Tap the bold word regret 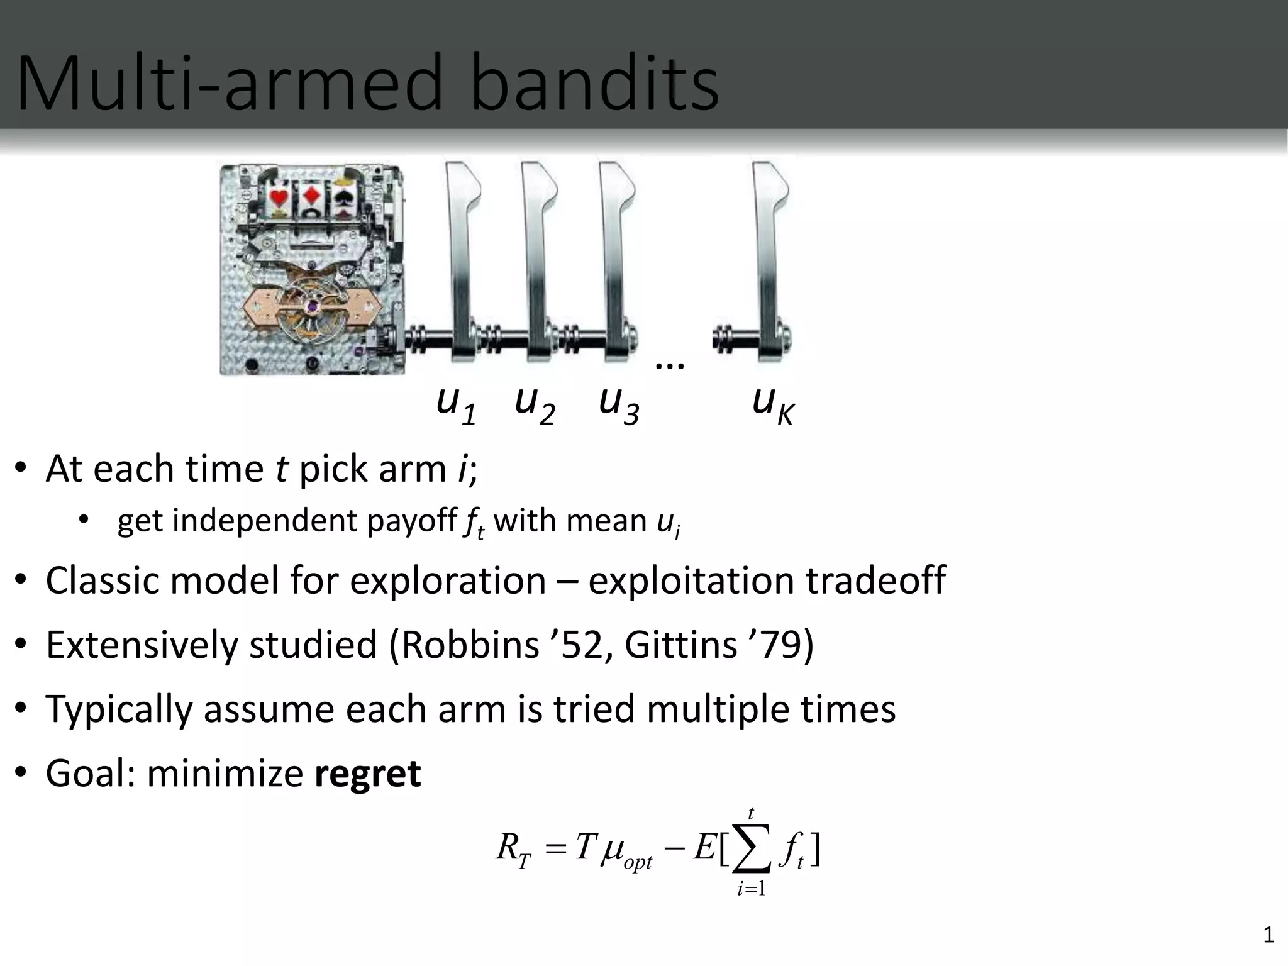(367, 774)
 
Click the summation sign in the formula (752, 849)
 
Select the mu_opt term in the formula (626, 852)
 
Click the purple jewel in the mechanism (312, 306)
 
